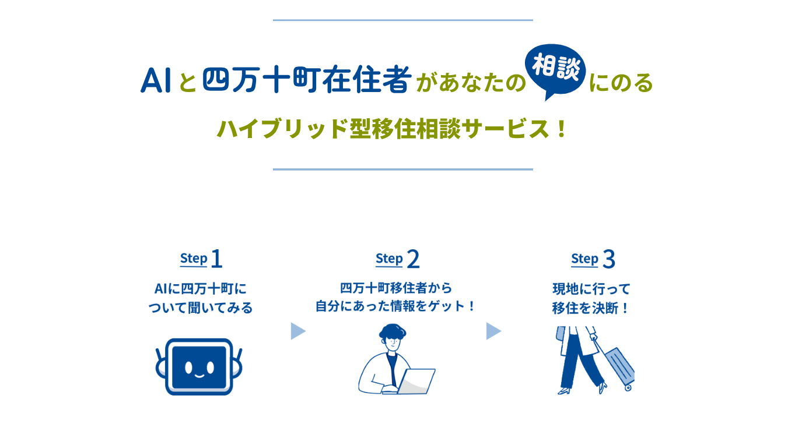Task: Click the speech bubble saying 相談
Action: pyautogui.click(x=555, y=72)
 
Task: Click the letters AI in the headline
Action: pyautogui.click(x=155, y=81)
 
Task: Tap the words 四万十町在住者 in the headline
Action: pyautogui.click(x=307, y=81)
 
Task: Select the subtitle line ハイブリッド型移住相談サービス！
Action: pyautogui.click(x=392, y=129)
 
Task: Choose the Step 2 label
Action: pyautogui.click(x=397, y=259)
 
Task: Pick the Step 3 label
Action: pyautogui.click(x=593, y=259)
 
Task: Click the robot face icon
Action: pyautogui.click(x=199, y=366)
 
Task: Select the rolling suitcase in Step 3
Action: pyautogui.click(x=618, y=367)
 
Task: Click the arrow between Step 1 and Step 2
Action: pyautogui.click(x=298, y=331)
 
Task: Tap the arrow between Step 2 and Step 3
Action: pyautogui.click(x=493, y=331)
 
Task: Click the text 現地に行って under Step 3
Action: pyautogui.click(x=591, y=289)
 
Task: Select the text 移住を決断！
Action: pyautogui.click(x=591, y=308)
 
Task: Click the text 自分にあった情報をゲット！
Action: pyautogui.click(x=396, y=306)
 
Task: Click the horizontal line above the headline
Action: pyautogui.click(x=402, y=20)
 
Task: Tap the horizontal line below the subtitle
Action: pyautogui.click(x=402, y=169)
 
